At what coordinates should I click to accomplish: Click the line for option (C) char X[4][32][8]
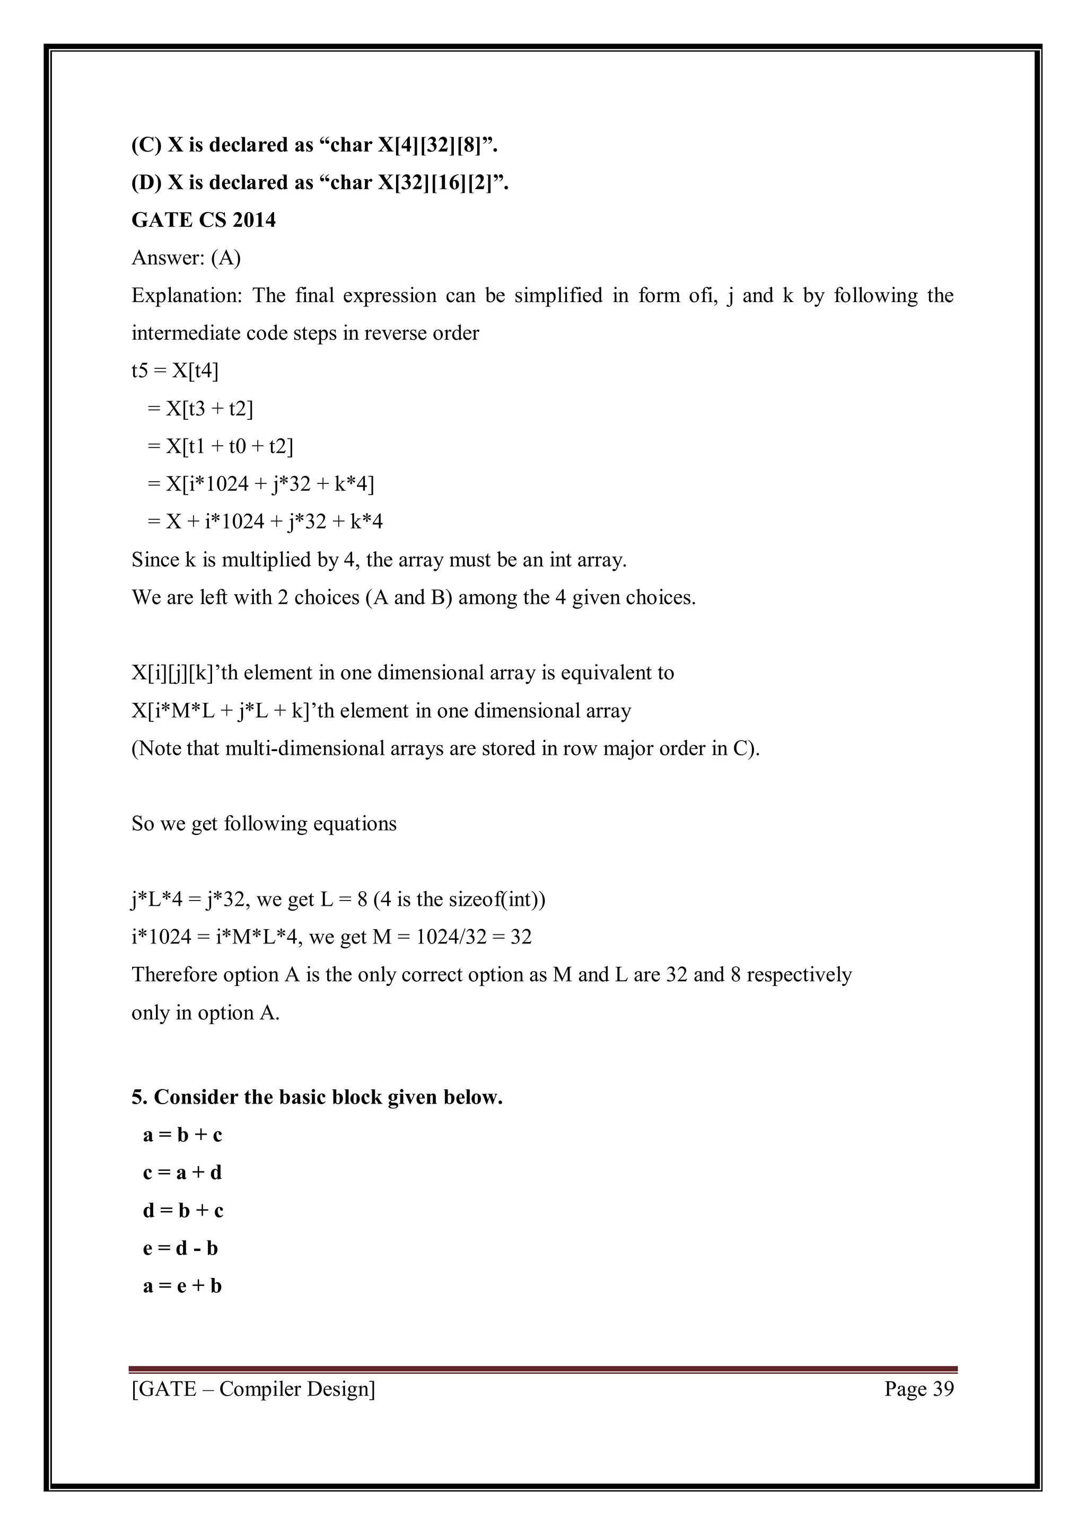(x=314, y=145)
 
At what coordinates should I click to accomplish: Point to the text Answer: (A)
(x=186, y=258)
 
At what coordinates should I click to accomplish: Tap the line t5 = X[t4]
(x=175, y=370)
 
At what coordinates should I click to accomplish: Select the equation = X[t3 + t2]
(x=200, y=409)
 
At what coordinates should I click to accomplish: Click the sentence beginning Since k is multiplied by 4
(x=379, y=560)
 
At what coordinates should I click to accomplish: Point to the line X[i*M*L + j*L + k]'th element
(x=381, y=711)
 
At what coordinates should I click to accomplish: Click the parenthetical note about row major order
(x=445, y=748)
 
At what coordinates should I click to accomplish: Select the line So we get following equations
(x=264, y=824)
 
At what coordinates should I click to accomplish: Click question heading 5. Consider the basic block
(x=317, y=1097)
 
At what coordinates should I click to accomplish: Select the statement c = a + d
(x=182, y=1172)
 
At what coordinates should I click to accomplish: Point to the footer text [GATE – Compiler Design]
(x=253, y=1389)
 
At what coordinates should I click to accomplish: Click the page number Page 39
(x=919, y=1389)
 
